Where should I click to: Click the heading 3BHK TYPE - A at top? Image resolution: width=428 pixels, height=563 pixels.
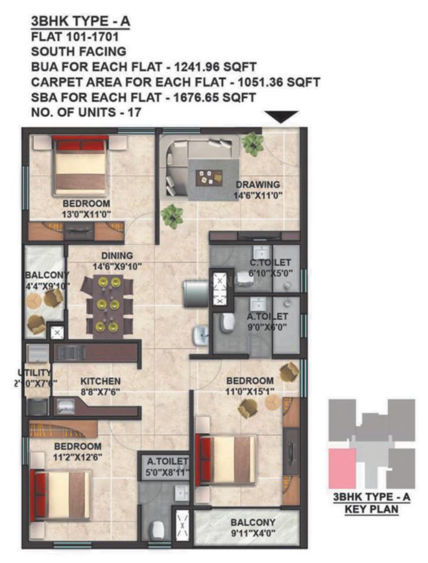80,21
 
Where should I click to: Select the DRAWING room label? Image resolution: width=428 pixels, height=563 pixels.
257,184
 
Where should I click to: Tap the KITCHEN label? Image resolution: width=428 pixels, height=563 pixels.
100,382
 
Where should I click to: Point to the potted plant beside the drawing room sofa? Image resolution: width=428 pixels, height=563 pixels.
172,215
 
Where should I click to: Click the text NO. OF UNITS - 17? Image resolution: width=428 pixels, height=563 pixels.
86,112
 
